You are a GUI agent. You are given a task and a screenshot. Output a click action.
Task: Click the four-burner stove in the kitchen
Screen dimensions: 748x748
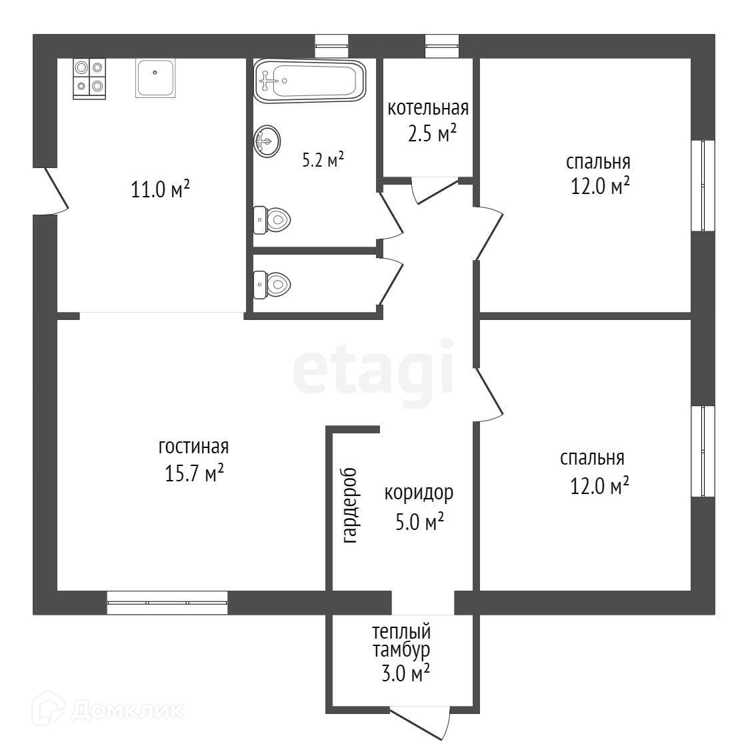pos(89,79)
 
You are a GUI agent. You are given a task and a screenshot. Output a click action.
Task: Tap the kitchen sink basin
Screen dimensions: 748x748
pos(155,78)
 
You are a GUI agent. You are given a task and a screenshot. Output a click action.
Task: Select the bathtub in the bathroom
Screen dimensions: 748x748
pos(309,81)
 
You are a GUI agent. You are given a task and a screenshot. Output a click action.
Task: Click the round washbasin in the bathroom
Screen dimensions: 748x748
pos(267,141)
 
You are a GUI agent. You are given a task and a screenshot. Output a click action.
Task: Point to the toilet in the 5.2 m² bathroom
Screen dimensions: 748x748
pos(272,220)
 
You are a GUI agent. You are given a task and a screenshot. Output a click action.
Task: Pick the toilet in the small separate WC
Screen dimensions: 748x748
pos(272,285)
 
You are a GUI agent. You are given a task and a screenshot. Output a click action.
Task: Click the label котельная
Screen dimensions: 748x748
pos(428,109)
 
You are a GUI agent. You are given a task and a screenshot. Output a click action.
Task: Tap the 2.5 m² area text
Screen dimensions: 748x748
pos(432,133)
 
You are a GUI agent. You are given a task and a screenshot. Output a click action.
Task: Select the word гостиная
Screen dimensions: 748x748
pos(194,447)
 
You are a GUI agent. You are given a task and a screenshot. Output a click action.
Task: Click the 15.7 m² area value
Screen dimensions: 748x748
pos(194,473)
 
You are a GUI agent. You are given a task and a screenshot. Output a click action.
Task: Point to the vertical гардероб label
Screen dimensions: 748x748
pos(350,506)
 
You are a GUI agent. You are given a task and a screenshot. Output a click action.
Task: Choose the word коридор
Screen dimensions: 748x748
pos(419,493)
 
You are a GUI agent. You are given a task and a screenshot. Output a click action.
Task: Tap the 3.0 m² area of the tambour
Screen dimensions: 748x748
pos(405,673)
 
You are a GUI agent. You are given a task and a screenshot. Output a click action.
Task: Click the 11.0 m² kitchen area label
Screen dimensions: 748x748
pos(160,189)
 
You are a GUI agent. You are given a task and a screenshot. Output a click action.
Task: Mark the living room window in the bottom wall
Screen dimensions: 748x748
pos(167,603)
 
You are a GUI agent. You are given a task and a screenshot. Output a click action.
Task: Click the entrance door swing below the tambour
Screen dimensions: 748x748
pos(421,724)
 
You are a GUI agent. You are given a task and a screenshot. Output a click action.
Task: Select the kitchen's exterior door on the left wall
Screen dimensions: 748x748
pos(51,191)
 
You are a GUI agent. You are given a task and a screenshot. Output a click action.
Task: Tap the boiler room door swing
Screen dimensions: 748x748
pos(434,190)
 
